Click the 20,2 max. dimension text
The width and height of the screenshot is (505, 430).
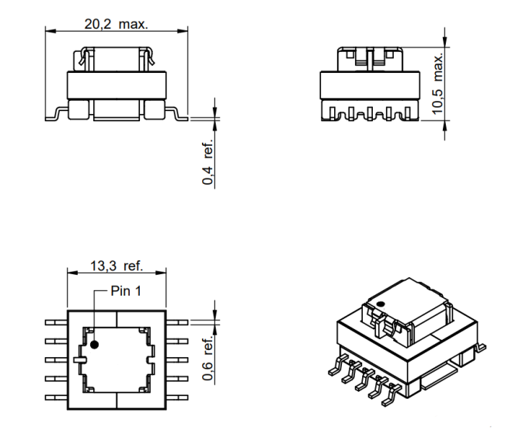point(117,24)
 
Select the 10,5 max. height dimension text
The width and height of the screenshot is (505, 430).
point(438,84)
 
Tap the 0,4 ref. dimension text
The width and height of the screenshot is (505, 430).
point(207,162)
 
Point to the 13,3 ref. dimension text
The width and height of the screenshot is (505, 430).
point(117,266)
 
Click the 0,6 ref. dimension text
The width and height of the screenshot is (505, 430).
point(207,358)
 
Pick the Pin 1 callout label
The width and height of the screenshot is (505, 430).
point(126,291)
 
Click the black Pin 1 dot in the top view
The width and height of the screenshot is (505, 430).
point(94,345)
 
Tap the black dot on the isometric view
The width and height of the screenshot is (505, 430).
point(381,303)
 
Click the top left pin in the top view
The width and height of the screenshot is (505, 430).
point(57,322)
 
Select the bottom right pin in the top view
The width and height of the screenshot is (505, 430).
point(177,397)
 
